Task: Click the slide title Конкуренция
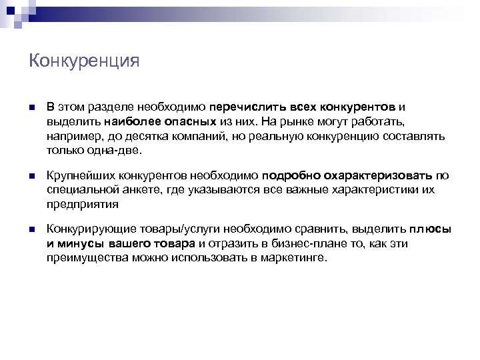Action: click(x=84, y=61)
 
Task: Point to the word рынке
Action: click(x=296, y=121)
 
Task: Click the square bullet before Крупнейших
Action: click(x=33, y=177)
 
